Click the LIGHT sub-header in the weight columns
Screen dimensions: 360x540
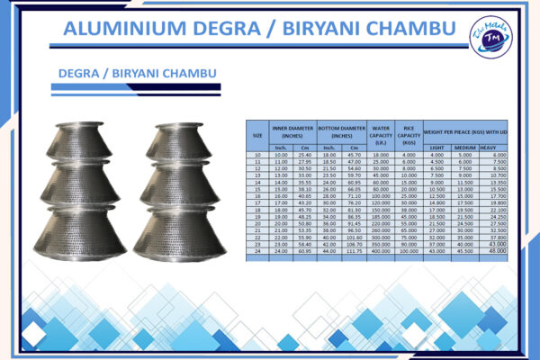click(x=436, y=147)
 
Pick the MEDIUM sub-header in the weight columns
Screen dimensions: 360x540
click(x=464, y=147)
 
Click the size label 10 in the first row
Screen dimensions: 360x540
click(x=257, y=155)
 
